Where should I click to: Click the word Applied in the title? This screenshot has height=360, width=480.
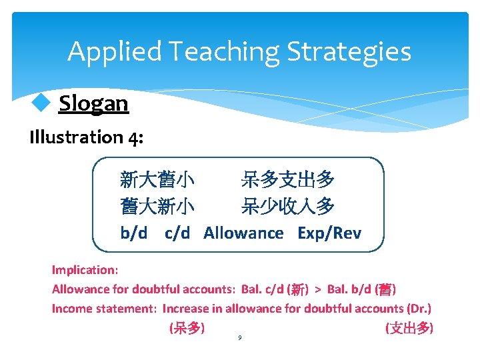115,51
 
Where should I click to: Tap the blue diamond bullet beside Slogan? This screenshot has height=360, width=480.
41,103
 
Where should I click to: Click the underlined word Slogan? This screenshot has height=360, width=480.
93,103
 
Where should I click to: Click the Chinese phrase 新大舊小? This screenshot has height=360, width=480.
157,179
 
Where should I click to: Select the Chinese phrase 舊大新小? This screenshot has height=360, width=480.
157,207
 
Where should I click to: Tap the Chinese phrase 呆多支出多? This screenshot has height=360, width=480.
288,179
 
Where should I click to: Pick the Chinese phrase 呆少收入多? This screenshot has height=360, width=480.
288,207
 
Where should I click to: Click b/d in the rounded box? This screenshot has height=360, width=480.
134,233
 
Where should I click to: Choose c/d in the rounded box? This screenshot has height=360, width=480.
177,233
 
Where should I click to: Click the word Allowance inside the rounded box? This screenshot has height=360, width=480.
243,233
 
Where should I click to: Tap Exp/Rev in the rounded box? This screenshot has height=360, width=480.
329,233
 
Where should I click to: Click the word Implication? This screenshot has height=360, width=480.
85,270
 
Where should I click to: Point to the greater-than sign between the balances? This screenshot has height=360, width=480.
318,289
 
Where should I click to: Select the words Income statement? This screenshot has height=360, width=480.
105,309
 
